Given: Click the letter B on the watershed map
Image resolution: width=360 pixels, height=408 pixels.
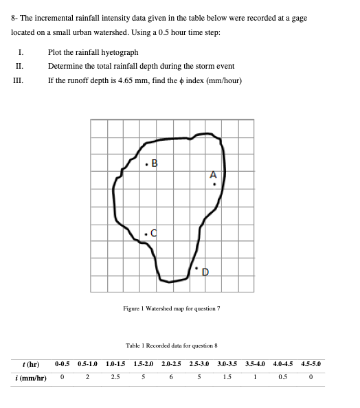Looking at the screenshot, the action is click(x=154, y=163).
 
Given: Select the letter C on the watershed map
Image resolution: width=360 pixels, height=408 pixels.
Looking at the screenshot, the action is click(x=154, y=233).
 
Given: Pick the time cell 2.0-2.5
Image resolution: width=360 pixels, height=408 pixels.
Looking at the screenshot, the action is click(x=172, y=364).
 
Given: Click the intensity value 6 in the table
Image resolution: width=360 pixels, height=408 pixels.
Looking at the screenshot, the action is click(x=171, y=378).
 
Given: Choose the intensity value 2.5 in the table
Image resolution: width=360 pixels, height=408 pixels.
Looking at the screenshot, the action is click(x=115, y=378).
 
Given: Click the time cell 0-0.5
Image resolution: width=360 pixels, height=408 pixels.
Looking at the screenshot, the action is click(x=63, y=364).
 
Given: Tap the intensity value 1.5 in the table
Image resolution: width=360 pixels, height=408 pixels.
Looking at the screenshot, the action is click(x=227, y=378).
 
